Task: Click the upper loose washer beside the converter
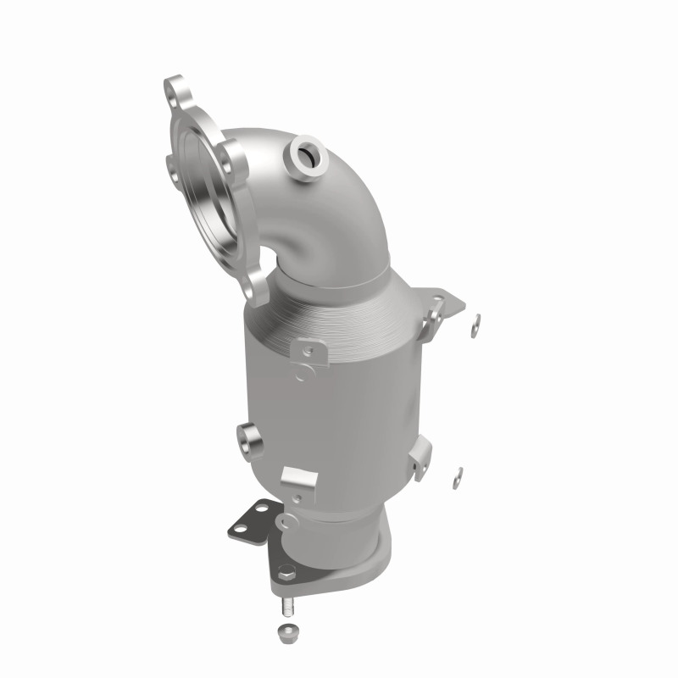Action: (476, 321)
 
